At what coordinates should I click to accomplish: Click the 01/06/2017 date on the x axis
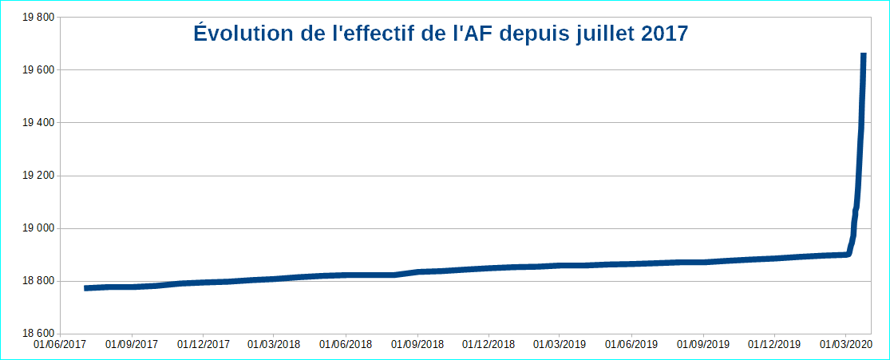(x=59, y=345)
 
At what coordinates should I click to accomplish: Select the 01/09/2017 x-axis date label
(x=131, y=345)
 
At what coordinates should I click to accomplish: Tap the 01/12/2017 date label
(x=203, y=345)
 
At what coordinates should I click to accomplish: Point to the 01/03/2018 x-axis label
(x=274, y=345)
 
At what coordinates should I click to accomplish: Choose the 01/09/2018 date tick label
(x=417, y=345)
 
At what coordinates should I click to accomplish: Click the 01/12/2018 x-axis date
(x=489, y=345)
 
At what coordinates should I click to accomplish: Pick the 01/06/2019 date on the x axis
(x=631, y=345)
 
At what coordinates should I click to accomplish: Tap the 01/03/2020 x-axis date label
(x=845, y=345)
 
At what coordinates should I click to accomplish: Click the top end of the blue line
(x=864, y=54)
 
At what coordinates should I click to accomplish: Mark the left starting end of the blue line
(x=85, y=287)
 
